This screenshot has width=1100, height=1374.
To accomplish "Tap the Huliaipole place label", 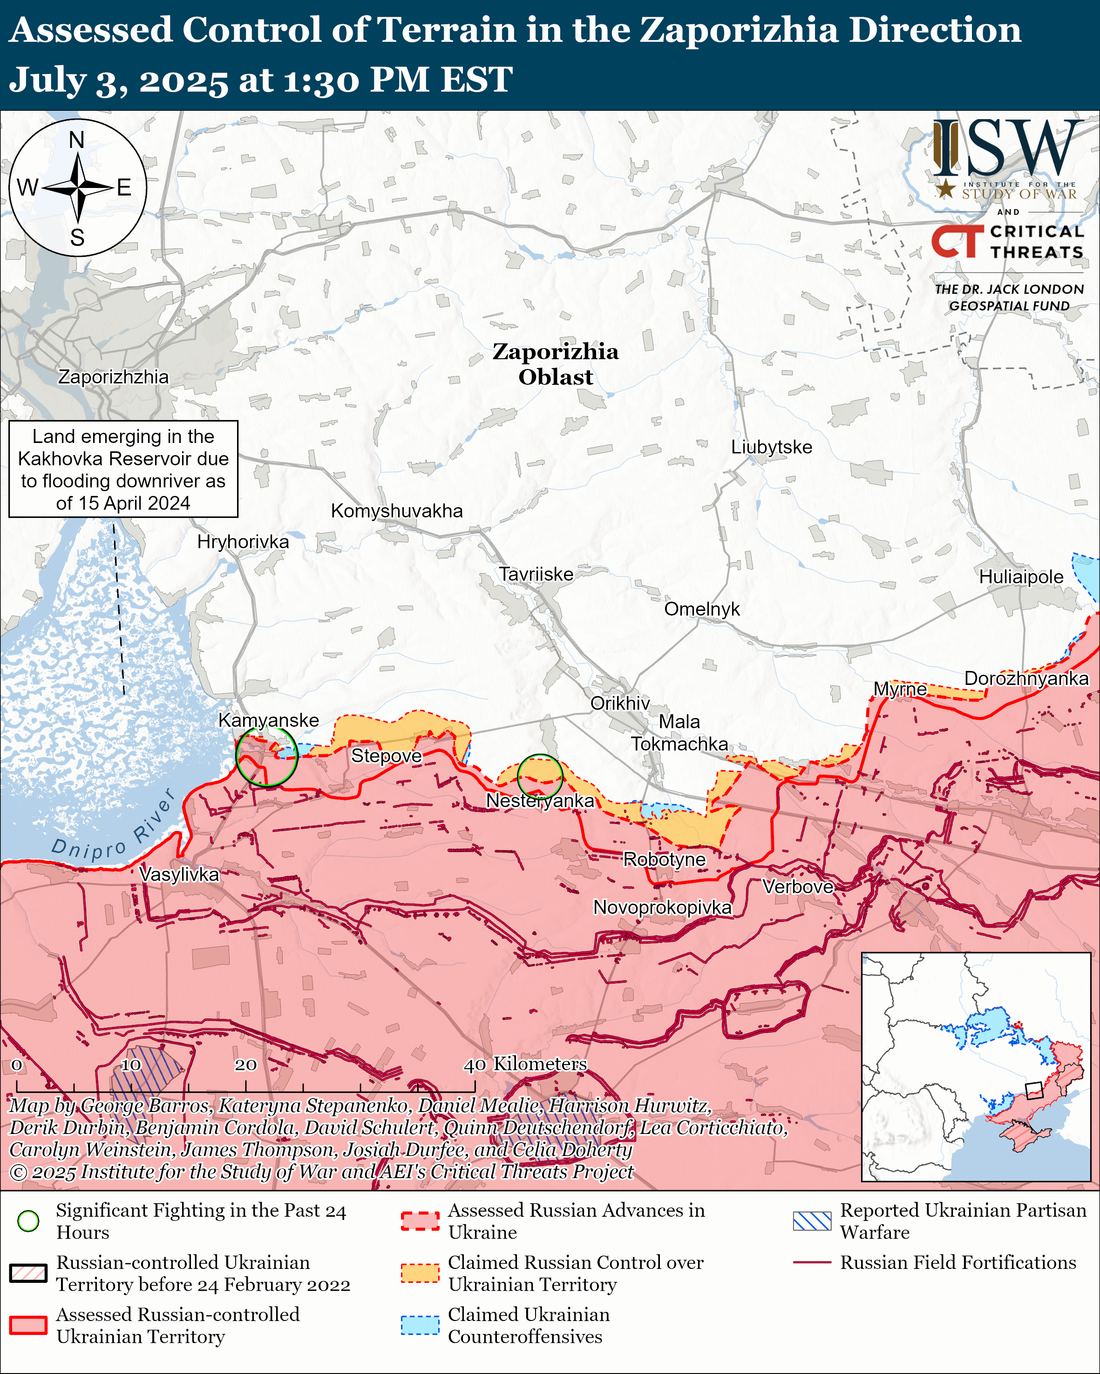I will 1021,577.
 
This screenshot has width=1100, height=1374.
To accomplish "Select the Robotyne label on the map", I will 664,860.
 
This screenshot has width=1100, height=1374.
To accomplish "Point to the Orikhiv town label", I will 620,703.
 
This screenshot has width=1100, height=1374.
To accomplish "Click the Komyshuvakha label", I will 397,510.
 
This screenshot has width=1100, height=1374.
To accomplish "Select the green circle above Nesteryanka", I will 539,776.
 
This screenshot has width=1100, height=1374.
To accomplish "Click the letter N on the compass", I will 76,140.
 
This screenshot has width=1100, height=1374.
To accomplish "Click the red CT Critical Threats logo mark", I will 957,241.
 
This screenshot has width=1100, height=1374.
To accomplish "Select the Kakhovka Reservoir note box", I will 123,469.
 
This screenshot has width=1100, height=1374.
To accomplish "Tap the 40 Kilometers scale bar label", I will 525,1064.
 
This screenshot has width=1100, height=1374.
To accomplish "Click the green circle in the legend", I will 28,1221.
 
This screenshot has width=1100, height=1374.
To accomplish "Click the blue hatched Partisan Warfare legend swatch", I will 812,1221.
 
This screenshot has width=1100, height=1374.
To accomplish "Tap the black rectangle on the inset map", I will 1034,1090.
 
